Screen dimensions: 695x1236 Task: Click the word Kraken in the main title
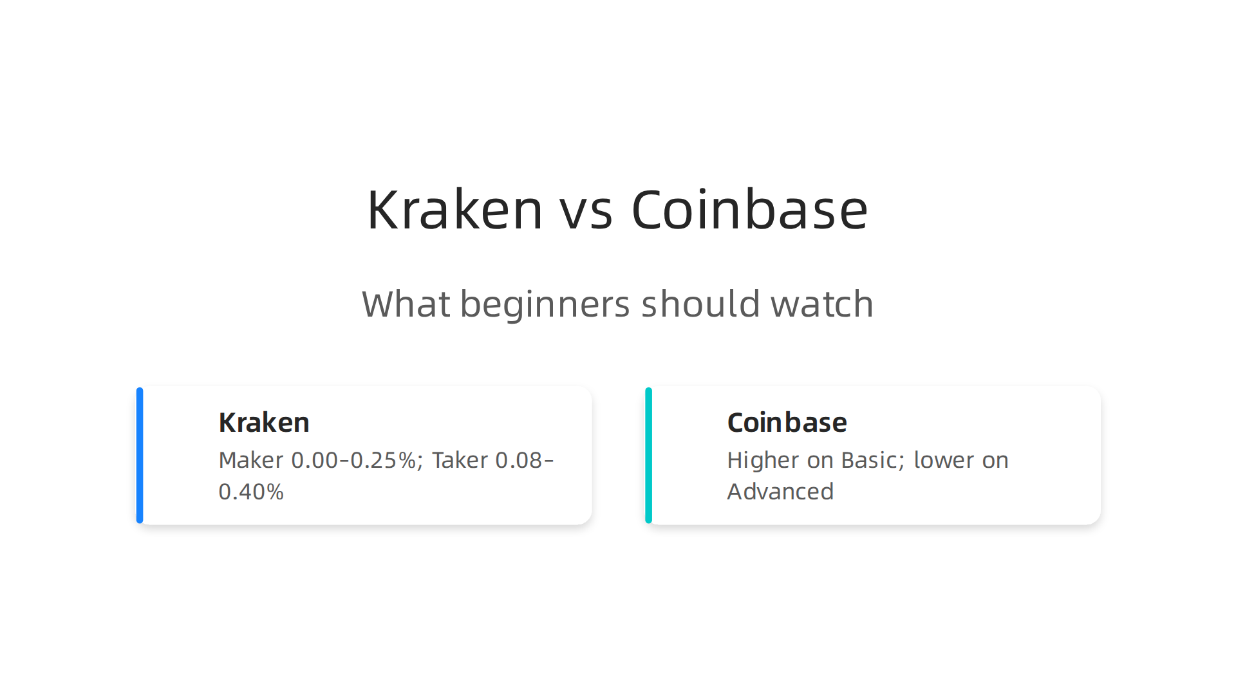[454, 210]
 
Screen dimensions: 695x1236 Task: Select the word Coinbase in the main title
[749, 210]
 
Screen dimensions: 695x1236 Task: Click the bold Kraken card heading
[264, 423]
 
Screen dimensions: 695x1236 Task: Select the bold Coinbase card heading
[787, 423]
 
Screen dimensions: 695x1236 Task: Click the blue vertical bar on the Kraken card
[140, 455]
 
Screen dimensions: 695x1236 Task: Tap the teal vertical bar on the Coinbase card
[648, 455]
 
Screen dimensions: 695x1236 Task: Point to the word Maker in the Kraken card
[250, 460]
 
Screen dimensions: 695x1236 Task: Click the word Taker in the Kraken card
[460, 460]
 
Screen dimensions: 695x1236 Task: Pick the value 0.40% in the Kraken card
[251, 492]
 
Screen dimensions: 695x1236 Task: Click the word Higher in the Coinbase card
[763, 460]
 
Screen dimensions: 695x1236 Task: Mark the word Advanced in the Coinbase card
[780, 492]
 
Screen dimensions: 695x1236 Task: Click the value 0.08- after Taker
[524, 460]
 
